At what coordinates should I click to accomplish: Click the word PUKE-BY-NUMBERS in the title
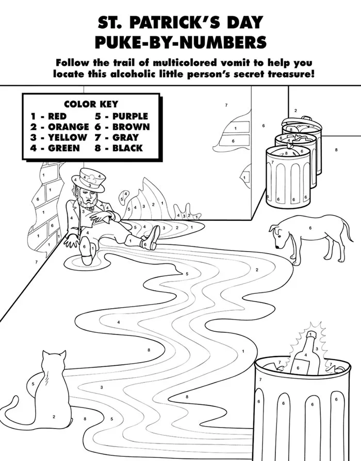coord(180,42)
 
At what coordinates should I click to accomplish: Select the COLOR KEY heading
coord(91,104)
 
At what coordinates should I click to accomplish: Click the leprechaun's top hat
coord(88,180)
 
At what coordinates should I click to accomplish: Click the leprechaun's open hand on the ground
coord(71,242)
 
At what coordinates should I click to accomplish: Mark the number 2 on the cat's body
coord(54,417)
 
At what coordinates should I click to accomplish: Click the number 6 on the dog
coord(310,228)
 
